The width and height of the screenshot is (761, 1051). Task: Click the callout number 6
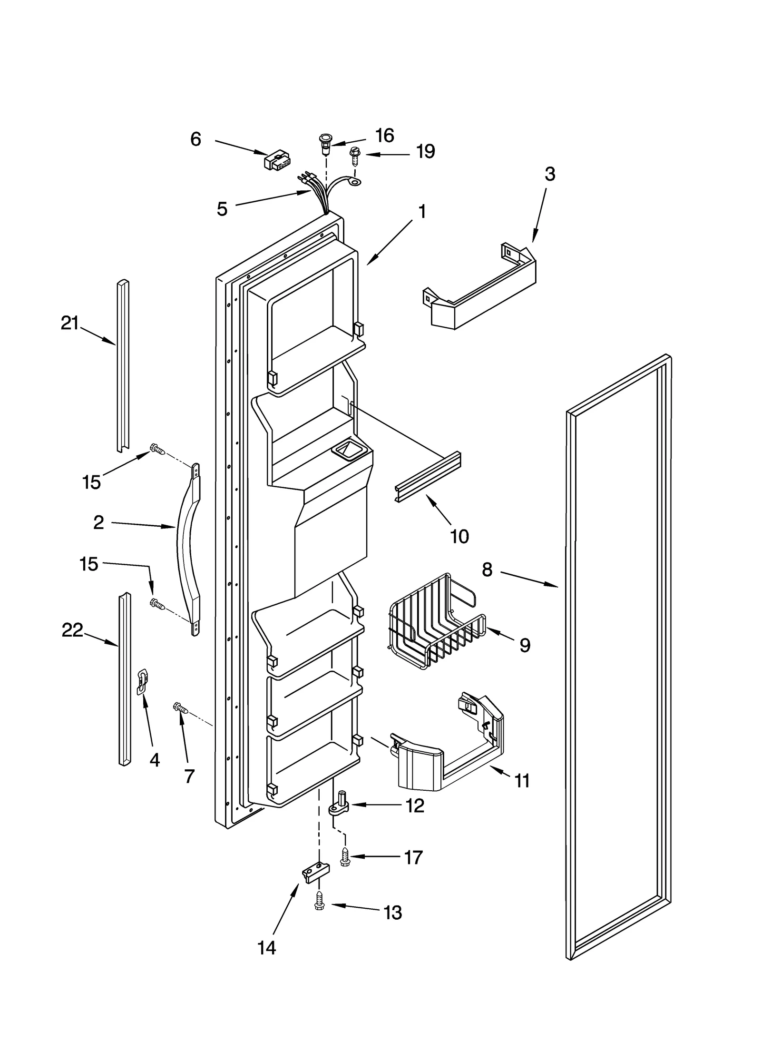[x=195, y=139]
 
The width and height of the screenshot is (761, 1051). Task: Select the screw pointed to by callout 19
[x=354, y=155]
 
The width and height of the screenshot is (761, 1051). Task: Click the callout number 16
[x=384, y=136]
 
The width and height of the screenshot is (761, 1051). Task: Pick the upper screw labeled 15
[x=157, y=449]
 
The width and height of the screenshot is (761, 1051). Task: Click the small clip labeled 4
[x=142, y=682]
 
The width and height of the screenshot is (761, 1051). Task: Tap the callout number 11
[x=522, y=781]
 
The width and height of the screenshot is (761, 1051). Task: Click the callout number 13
[x=393, y=913]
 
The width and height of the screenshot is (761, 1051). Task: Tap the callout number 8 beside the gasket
[x=487, y=569]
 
